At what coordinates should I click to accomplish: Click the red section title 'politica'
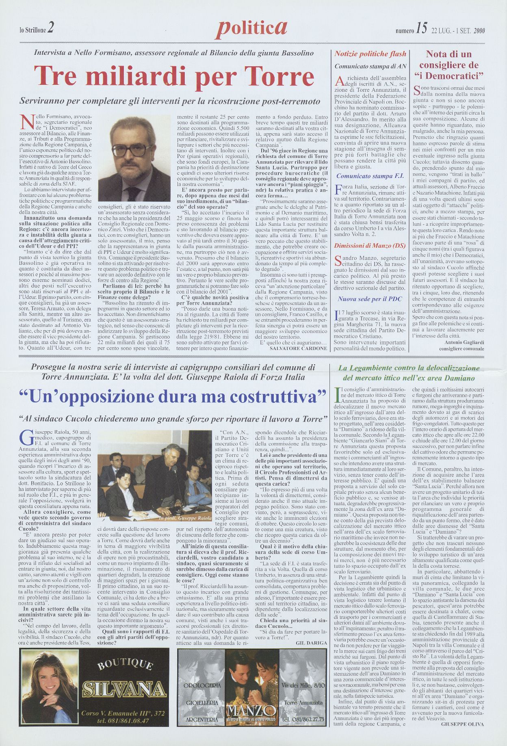252,27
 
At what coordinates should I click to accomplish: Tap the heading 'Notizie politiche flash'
370,54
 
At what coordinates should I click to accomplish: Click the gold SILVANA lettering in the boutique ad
124,689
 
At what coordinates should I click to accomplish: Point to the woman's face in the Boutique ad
48,675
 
